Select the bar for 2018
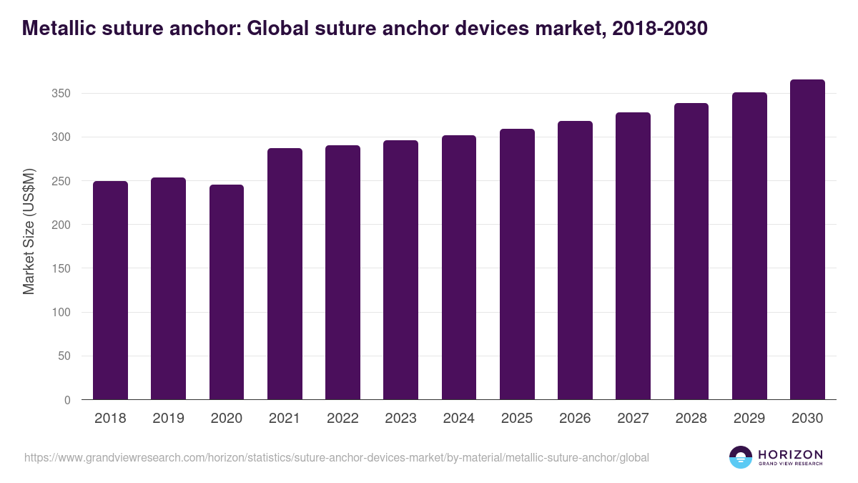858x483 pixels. (x=110, y=291)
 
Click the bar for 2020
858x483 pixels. (x=227, y=292)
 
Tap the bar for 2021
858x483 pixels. (x=285, y=274)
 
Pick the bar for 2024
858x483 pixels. (x=459, y=268)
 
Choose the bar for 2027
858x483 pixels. (x=633, y=256)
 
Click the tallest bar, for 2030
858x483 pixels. (x=807, y=240)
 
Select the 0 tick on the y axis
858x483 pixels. (x=67, y=400)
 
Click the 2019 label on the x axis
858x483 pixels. (x=168, y=419)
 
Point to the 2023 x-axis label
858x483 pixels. (x=400, y=419)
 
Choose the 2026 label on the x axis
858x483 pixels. (x=575, y=419)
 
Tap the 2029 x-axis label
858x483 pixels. (x=749, y=419)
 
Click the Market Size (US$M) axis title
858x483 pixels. (x=29, y=230)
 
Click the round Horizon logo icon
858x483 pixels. (x=741, y=457)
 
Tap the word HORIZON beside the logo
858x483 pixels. (x=790, y=454)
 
